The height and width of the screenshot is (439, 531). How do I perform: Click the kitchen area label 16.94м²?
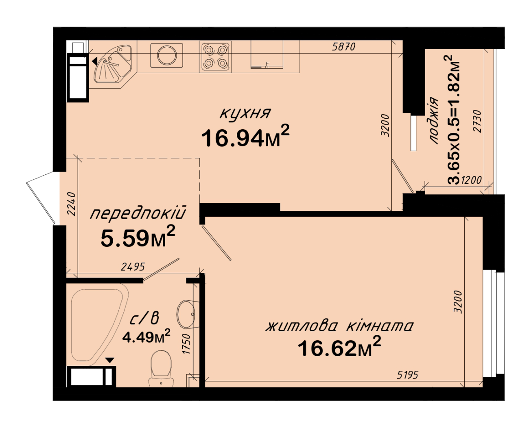[245, 137]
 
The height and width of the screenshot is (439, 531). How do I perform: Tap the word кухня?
[245, 113]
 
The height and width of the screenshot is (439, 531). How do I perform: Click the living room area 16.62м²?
[339, 347]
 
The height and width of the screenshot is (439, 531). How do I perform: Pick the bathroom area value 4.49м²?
[146, 337]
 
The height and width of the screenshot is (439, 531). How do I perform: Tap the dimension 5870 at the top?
[344, 47]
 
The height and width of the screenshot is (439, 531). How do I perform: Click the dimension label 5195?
[407, 375]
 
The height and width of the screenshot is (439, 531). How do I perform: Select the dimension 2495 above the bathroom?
[133, 267]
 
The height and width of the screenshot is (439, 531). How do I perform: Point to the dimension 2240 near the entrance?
[72, 204]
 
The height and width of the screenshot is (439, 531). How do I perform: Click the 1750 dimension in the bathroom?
[186, 344]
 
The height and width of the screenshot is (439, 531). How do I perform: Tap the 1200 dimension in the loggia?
[471, 180]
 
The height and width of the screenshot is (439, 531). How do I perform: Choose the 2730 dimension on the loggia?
[477, 121]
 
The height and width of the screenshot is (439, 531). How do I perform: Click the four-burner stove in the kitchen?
[215, 57]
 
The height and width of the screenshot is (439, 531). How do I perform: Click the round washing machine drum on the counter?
[166, 55]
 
